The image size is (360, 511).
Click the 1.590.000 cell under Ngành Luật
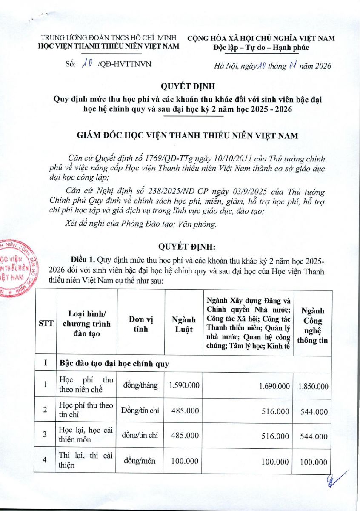(x=184, y=385)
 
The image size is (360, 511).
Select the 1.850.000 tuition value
(x=313, y=386)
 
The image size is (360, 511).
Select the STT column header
(x=46, y=324)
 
